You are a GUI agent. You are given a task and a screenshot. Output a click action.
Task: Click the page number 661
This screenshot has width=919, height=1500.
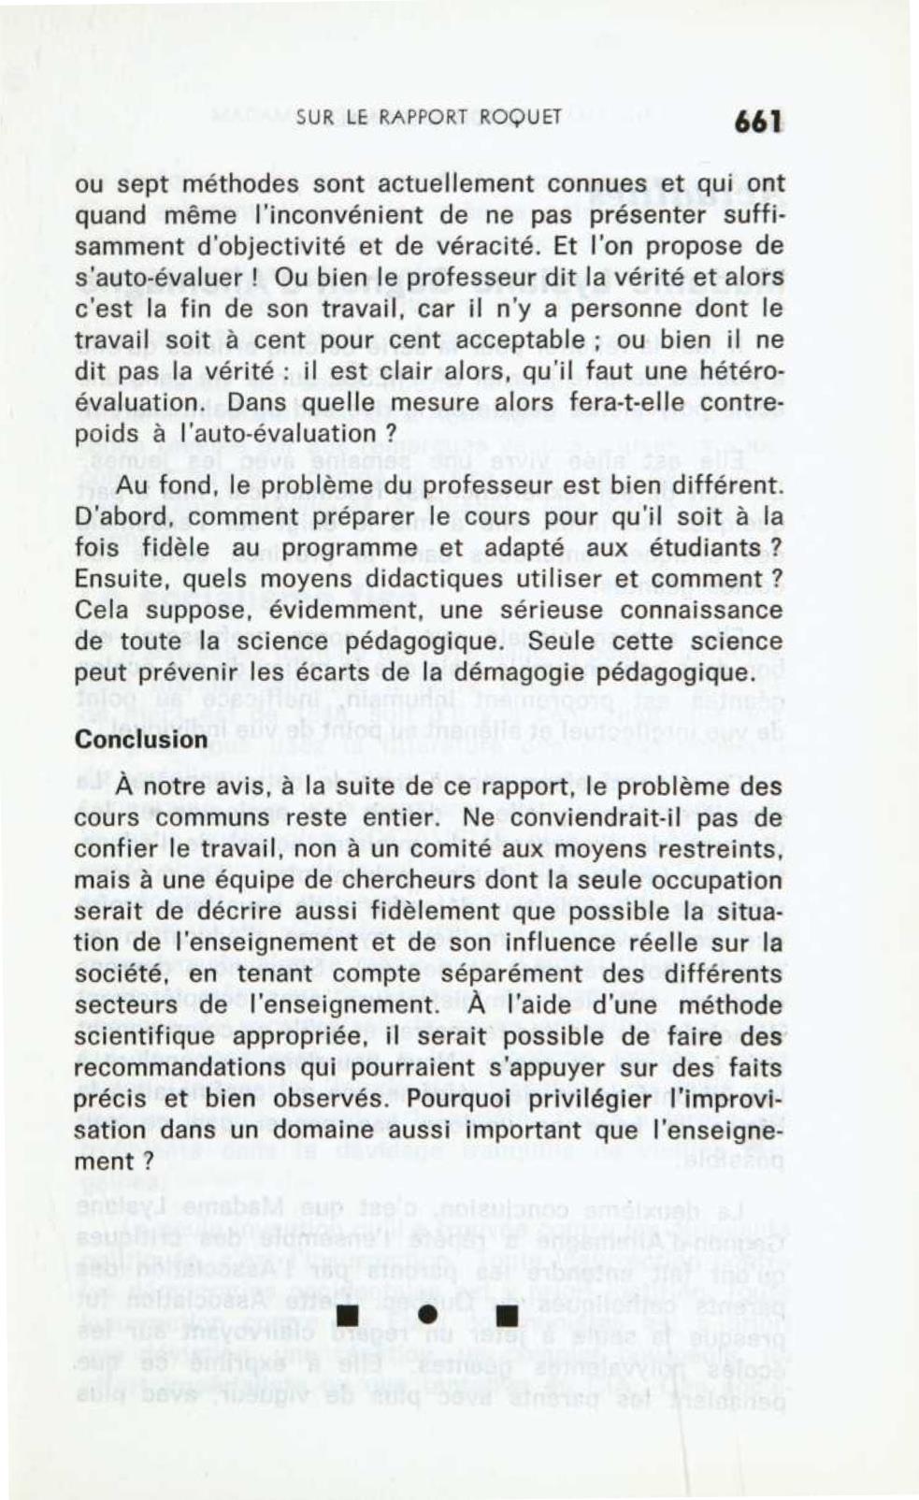(x=757, y=122)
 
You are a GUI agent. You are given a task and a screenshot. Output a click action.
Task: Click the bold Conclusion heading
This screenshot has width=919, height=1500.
(x=141, y=739)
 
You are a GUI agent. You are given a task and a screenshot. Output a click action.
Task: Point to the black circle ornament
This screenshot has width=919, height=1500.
(x=429, y=1313)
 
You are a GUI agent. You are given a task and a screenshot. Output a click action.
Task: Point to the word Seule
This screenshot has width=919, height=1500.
(x=563, y=642)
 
